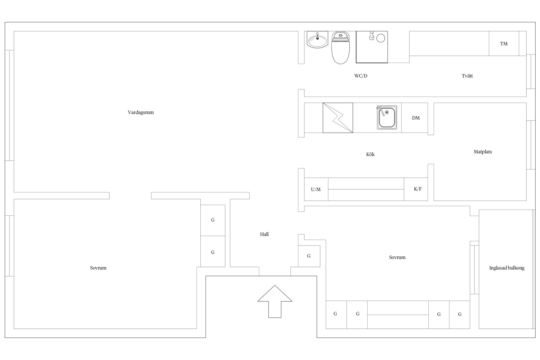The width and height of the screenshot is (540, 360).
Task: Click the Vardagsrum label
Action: [141, 112]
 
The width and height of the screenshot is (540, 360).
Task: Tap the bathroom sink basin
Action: [317, 40]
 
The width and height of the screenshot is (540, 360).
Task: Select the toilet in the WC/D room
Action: [340, 48]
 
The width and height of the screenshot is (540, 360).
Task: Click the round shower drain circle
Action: [381, 38]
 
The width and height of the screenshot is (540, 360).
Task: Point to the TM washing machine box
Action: [504, 44]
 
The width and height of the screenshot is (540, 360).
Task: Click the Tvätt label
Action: [467, 76]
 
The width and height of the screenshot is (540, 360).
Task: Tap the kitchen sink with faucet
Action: [387, 117]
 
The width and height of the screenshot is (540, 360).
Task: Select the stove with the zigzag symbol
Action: [338, 118]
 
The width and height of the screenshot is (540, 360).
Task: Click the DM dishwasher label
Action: [416, 118]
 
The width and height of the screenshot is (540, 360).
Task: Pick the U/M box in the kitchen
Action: [316, 189]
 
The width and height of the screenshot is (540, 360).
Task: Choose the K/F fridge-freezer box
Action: [416, 189]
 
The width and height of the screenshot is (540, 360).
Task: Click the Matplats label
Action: [483, 152]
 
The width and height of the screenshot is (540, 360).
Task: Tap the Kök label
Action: [370, 154]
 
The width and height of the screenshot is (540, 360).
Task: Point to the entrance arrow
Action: [275, 301]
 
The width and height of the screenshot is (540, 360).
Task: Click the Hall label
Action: [264, 234]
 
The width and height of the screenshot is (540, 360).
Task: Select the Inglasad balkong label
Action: [507, 268]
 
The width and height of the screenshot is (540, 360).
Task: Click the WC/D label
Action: [361, 76]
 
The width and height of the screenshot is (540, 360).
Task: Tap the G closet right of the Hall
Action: [309, 256]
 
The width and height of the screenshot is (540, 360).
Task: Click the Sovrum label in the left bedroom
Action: [98, 268]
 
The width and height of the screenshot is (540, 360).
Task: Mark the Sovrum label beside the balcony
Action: [397, 257]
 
